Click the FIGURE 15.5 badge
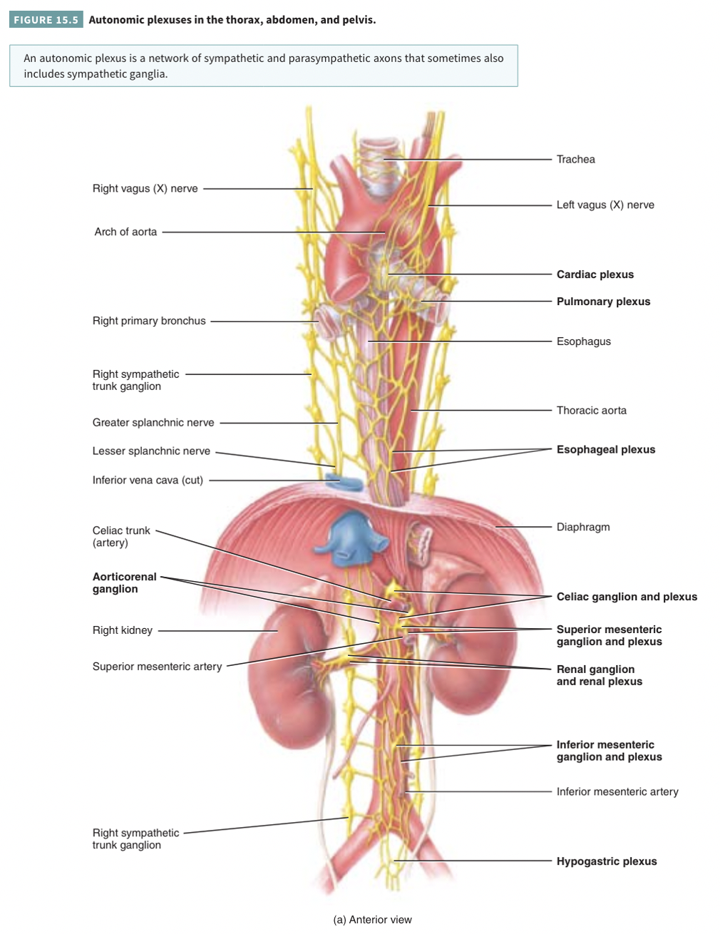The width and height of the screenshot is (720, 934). click(46, 20)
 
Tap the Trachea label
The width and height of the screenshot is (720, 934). click(575, 160)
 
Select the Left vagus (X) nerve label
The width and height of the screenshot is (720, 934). click(605, 205)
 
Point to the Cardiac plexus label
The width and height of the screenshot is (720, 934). click(595, 274)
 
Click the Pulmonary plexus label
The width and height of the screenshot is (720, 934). click(603, 302)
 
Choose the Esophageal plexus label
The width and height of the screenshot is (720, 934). click(605, 450)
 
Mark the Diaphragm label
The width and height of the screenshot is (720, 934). click(582, 528)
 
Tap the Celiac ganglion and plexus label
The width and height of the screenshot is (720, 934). click(627, 597)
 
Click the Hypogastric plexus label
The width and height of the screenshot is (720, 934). click(606, 861)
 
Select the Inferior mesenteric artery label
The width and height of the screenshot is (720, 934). click(617, 792)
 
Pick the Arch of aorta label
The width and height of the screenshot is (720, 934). click(125, 232)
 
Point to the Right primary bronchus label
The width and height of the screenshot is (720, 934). click(149, 322)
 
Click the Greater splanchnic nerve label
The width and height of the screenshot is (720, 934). click(153, 423)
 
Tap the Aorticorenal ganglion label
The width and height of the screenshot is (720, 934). click(124, 583)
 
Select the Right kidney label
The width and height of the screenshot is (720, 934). click(123, 630)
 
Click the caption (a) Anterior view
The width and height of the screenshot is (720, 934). click(372, 920)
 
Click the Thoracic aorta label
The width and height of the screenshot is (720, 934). click(591, 411)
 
